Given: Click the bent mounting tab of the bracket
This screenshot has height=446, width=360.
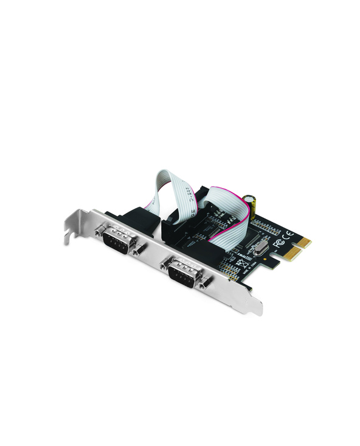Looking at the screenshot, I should point(72,226).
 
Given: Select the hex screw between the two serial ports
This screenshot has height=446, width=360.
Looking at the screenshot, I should point(141,248).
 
